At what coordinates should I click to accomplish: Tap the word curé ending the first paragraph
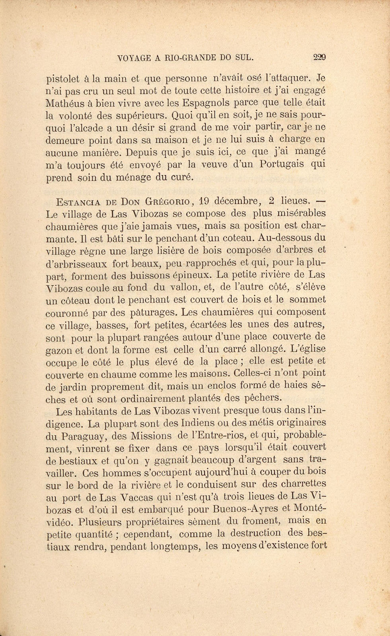coord(182,177)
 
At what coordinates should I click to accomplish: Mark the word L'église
coord(308,349)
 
